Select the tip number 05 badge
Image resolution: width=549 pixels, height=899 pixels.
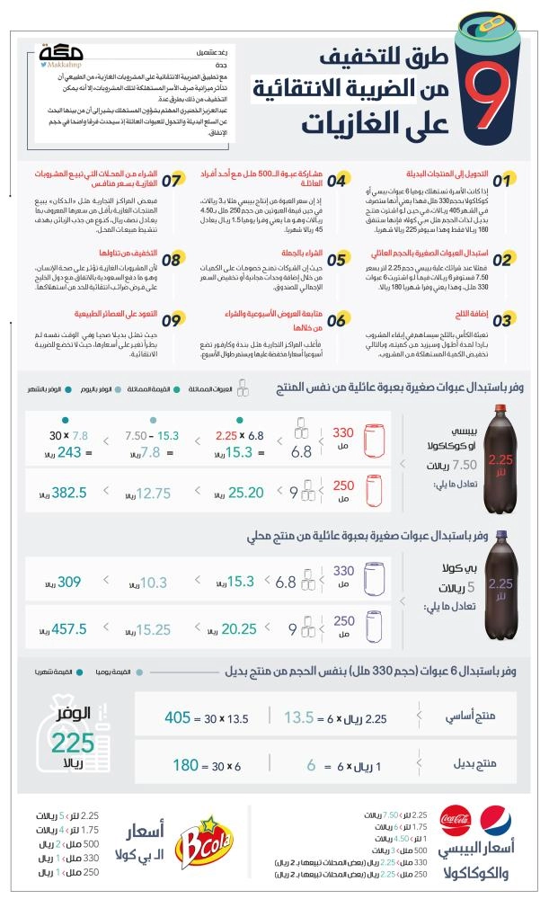pos(337,261)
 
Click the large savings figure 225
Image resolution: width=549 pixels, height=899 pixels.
pos(72,743)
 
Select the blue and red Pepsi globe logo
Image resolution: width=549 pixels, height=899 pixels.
pos(496,821)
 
